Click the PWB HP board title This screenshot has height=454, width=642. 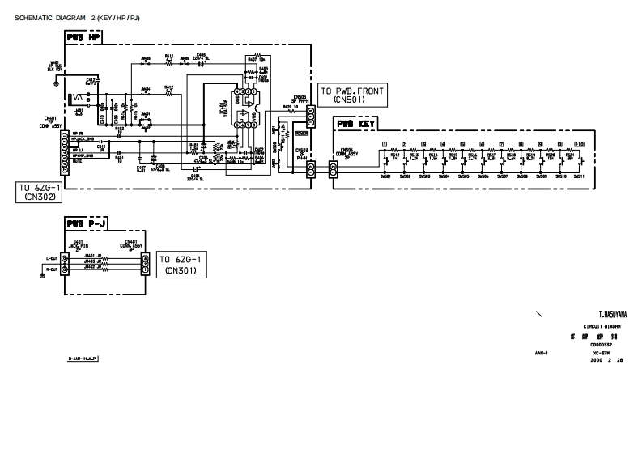(x=83, y=38)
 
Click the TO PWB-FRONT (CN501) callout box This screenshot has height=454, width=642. (x=353, y=95)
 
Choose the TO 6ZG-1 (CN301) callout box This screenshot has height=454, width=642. (x=182, y=264)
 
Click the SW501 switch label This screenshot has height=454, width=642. (x=385, y=176)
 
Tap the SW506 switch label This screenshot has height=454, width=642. (x=483, y=176)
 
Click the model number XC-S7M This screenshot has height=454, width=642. (x=601, y=354)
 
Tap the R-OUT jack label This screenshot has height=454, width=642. (x=52, y=268)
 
